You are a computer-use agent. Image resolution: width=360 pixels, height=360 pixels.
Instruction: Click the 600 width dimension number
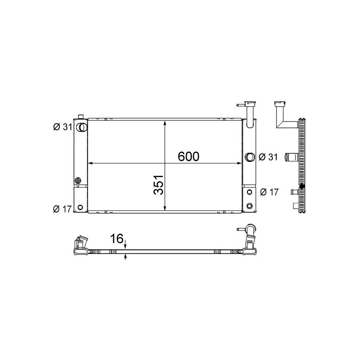click(x=188, y=156)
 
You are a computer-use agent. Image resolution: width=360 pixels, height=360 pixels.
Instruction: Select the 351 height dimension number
click(x=158, y=186)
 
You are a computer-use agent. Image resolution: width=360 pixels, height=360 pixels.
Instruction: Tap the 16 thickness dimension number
click(x=116, y=239)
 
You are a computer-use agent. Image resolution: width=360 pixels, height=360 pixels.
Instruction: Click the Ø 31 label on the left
click(x=62, y=127)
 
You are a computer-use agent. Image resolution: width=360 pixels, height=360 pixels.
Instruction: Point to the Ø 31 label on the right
click(x=267, y=157)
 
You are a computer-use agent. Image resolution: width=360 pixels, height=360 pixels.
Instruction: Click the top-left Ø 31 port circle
click(x=81, y=127)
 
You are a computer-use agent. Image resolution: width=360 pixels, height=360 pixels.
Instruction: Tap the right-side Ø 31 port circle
click(x=249, y=157)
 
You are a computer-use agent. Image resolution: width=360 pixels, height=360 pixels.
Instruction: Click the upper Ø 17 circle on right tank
click(x=249, y=191)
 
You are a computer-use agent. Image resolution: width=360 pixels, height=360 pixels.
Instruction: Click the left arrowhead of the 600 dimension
click(x=90, y=163)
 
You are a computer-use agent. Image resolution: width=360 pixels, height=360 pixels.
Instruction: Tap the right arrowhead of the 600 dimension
click(x=240, y=163)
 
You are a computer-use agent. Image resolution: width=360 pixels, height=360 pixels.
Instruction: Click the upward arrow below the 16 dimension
click(x=125, y=257)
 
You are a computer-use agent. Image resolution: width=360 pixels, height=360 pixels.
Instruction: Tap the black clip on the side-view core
click(x=302, y=186)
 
